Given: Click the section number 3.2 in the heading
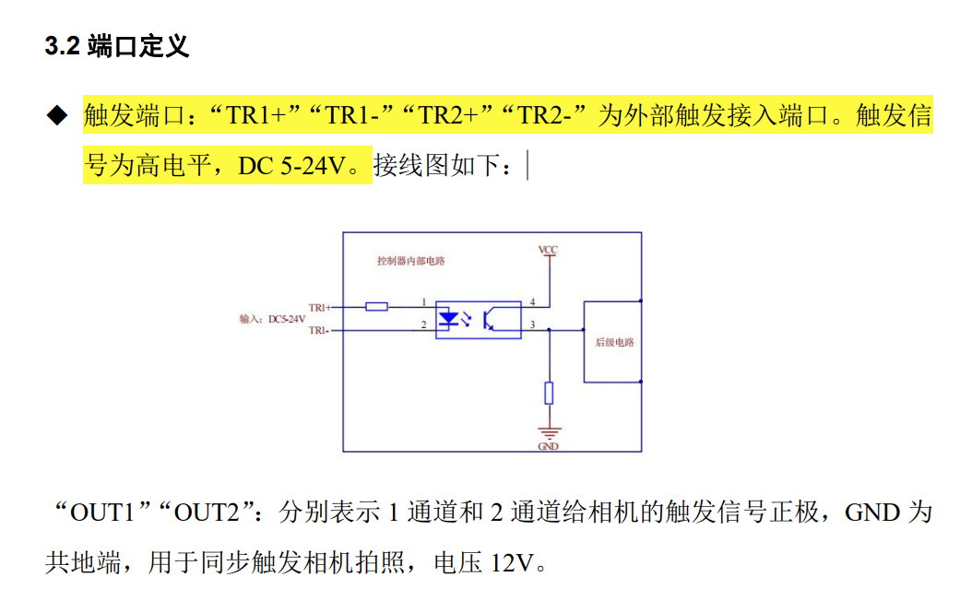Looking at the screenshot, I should [62, 48].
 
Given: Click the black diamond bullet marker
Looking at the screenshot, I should [58, 116].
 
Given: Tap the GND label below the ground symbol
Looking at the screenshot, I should [549, 447].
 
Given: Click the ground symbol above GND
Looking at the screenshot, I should [549, 432].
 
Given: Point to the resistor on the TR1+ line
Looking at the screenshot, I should [376, 306].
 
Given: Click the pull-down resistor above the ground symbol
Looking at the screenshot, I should [549, 393].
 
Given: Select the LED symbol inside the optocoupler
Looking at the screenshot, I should [450, 319].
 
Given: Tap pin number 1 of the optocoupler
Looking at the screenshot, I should [423, 302].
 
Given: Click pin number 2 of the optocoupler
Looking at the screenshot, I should [423, 324].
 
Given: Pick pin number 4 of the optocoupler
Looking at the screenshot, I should [532, 302].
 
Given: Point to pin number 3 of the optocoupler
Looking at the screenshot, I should [532, 324].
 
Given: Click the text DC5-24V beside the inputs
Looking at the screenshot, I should [287, 319].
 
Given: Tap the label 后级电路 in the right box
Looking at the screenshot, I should [613, 342].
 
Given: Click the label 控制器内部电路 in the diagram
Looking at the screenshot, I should [411, 261].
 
